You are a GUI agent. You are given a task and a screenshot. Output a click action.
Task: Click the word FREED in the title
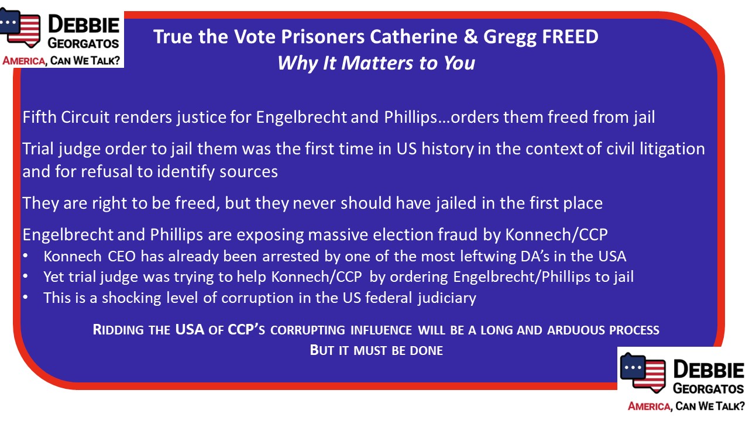[x=570, y=36]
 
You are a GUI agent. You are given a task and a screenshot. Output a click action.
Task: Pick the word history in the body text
[x=448, y=149]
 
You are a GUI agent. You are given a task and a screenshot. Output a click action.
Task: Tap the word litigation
[x=672, y=149]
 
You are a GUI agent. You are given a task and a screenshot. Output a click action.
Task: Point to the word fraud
[x=458, y=234]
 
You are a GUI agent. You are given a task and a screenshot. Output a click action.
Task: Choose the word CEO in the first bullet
[x=122, y=257]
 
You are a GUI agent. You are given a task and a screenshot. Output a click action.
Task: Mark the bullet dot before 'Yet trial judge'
[x=25, y=277]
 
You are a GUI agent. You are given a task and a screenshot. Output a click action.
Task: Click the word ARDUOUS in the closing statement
[x=576, y=330]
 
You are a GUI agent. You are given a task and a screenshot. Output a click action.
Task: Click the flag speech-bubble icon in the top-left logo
[x=20, y=27]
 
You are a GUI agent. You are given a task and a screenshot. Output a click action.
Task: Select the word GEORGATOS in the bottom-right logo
[x=708, y=389]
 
